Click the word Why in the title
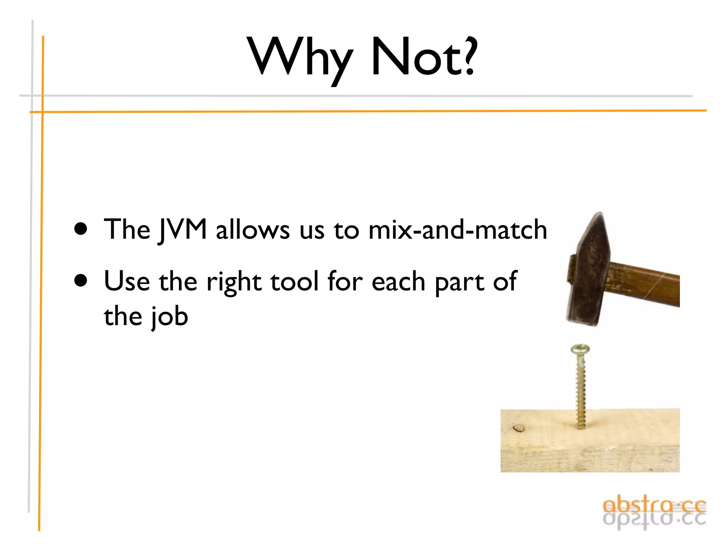(301, 57)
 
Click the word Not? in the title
(424, 57)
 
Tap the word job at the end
(169, 317)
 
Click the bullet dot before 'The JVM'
(81, 229)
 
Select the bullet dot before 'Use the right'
(81, 280)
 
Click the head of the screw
(580, 350)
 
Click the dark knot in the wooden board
(519, 429)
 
